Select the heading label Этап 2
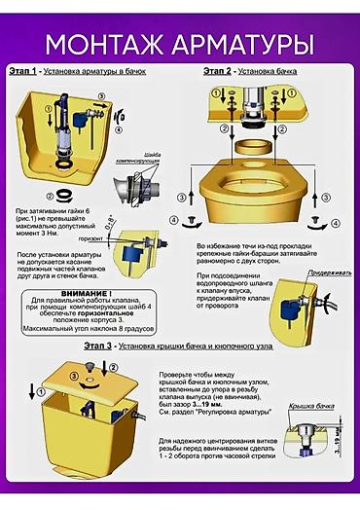pos(219,71)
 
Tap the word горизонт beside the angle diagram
pos(90,237)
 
